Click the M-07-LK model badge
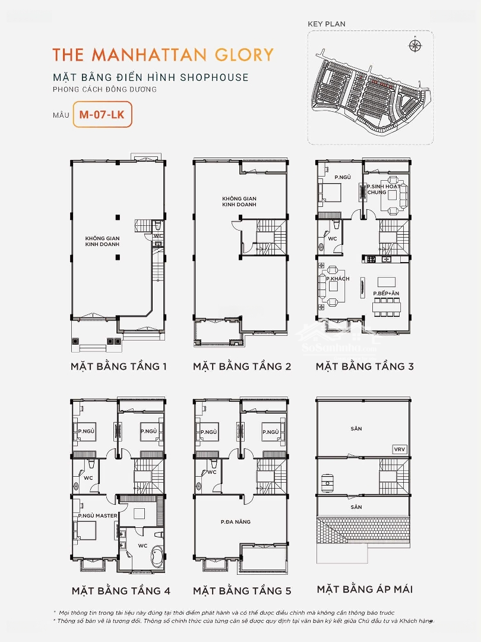click(102, 114)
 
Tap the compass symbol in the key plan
click(415, 45)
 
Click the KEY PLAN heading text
click(327, 24)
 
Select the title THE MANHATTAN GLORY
click(163, 55)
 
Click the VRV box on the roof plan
click(399, 449)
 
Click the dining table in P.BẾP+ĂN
click(386, 307)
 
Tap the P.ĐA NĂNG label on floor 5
click(236, 522)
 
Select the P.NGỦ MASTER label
click(98, 515)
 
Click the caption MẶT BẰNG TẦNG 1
click(119, 366)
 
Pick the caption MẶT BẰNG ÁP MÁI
click(365, 589)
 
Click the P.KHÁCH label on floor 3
click(338, 279)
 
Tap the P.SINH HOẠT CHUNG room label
click(382, 189)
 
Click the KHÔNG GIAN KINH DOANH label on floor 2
click(239, 202)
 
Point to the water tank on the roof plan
click(328, 481)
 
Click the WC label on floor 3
click(333, 239)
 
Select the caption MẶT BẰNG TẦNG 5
click(242, 591)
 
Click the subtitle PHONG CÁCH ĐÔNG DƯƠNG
click(105, 89)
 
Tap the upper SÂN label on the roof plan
click(356, 429)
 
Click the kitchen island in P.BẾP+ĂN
click(387, 282)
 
